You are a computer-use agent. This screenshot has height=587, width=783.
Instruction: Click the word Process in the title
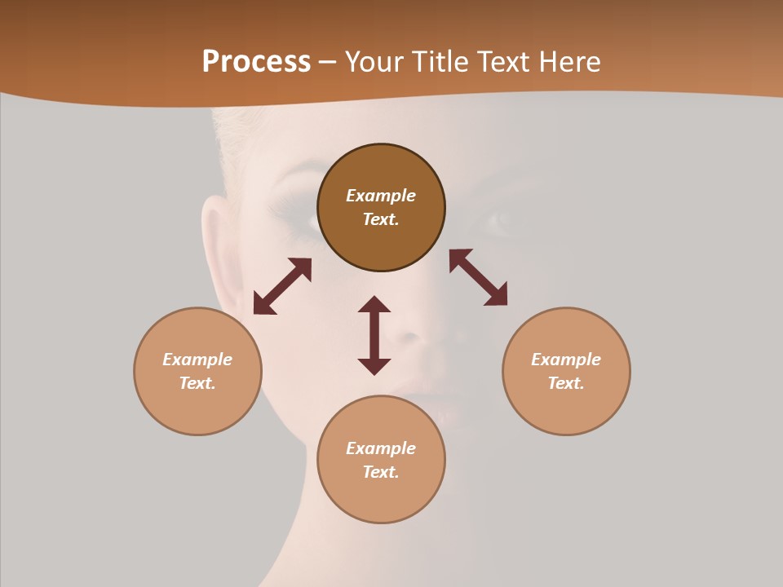point(256,62)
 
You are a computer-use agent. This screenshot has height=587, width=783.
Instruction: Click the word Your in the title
point(378,62)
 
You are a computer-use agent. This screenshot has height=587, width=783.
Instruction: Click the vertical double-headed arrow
point(374,335)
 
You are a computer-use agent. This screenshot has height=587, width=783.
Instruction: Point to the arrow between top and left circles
point(282,286)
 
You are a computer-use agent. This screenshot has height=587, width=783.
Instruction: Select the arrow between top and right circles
point(478,277)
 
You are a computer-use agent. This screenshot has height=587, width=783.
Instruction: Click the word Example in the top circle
point(381,196)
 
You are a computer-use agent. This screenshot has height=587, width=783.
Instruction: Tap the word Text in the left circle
point(197,383)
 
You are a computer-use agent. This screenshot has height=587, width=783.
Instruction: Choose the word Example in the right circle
point(566,360)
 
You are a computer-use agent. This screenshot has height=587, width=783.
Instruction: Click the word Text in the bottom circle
point(381,472)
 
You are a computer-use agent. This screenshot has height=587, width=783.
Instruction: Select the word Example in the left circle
point(197,360)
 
